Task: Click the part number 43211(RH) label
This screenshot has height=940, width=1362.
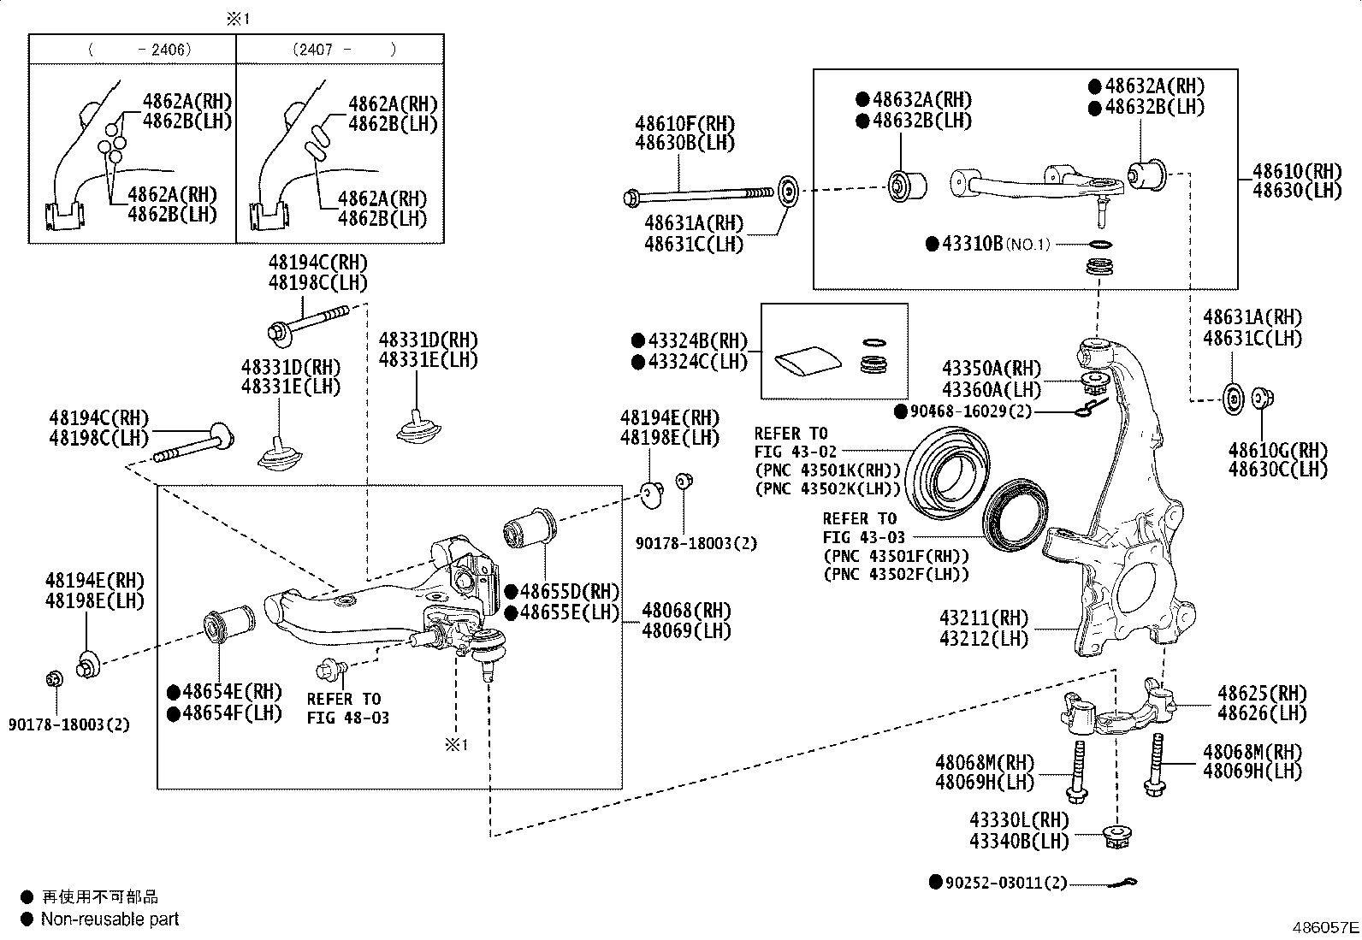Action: point(984,618)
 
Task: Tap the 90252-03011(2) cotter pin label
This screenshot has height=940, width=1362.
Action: point(1005,882)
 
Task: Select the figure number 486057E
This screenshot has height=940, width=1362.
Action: point(1325,927)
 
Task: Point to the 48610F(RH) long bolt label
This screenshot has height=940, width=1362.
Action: point(684,123)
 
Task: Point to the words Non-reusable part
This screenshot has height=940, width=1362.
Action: point(110,919)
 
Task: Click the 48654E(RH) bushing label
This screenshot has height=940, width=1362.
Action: point(232,691)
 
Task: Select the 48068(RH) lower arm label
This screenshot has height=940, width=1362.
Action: point(686,610)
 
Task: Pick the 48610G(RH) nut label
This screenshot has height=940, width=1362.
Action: point(1277,450)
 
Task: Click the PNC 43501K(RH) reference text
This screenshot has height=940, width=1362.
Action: point(828,470)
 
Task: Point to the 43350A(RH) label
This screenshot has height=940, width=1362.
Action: point(992,369)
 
